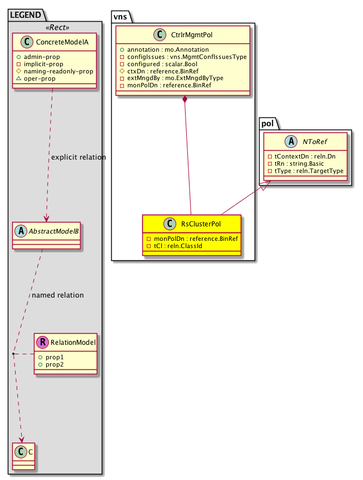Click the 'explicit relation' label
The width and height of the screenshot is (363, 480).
coord(78,157)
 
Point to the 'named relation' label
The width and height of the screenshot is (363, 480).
coord(58,295)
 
